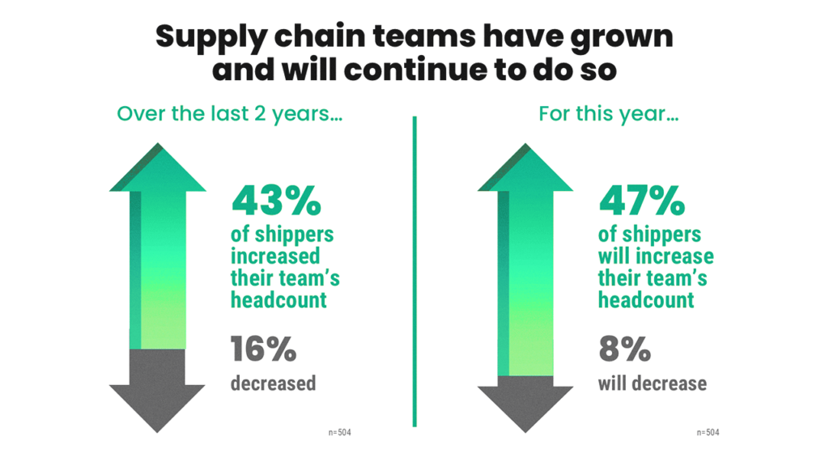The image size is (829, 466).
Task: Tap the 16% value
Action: [263, 349]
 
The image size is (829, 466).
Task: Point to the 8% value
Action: [624, 349]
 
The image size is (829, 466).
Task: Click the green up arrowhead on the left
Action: [158, 170]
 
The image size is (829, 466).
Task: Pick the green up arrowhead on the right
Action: [526, 170]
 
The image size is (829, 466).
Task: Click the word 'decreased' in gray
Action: [273, 383]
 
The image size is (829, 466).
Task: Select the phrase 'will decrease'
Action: [652, 383]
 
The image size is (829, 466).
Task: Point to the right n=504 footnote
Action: [707, 433]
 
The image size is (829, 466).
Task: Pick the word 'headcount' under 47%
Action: [646, 299]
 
